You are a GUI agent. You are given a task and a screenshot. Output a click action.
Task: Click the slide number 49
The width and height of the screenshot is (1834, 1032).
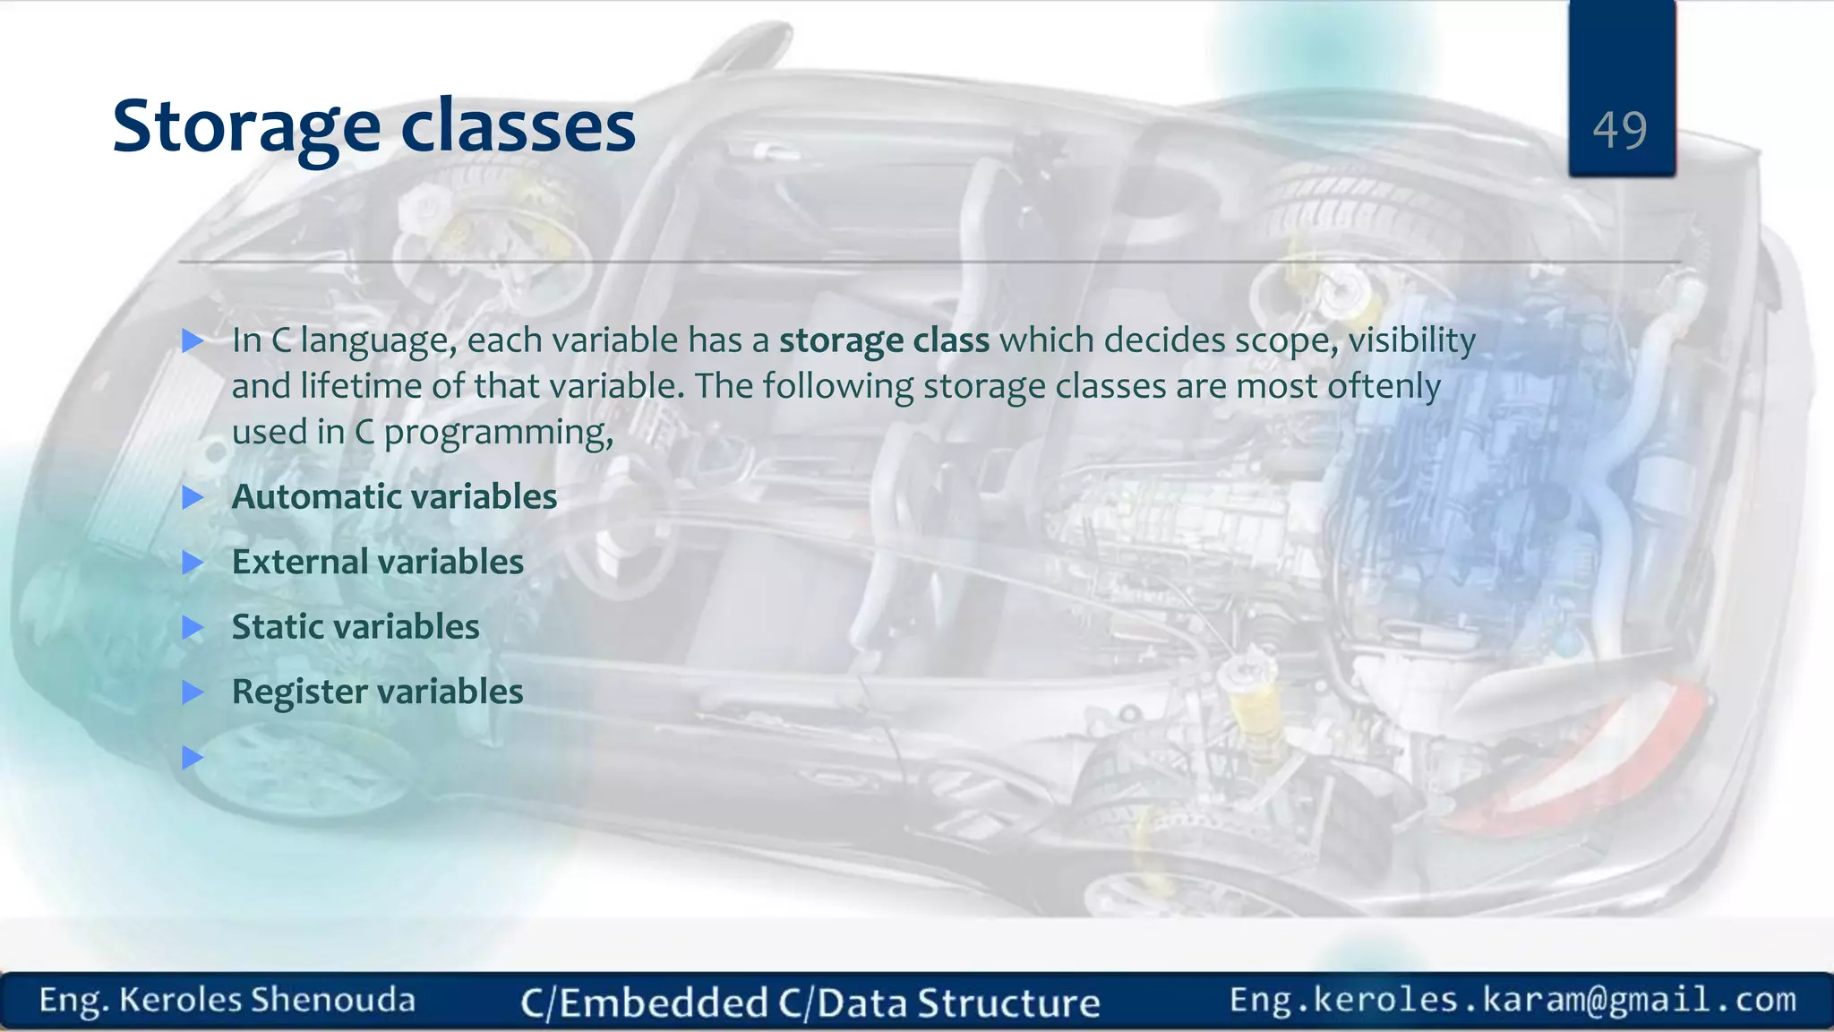(x=1619, y=131)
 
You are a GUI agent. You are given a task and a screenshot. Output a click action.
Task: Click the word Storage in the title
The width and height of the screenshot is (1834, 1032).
(x=246, y=128)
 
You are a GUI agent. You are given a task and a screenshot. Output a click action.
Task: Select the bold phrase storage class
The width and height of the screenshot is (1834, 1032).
(x=884, y=340)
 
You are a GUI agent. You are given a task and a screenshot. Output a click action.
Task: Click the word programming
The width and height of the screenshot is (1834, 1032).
(x=497, y=434)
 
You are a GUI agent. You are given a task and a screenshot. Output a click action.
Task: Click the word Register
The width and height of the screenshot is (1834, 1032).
(x=300, y=692)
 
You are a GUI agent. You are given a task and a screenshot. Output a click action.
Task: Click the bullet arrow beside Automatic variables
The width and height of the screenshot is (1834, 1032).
(x=193, y=497)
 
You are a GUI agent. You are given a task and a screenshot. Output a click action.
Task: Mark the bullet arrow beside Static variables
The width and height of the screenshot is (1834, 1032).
(x=193, y=627)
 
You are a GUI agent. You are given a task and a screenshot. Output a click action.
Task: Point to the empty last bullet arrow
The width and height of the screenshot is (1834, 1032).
(x=193, y=758)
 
